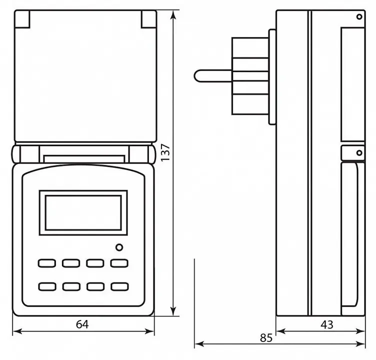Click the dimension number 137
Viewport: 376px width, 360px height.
click(165, 153)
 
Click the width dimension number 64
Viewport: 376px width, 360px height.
click(82, 324)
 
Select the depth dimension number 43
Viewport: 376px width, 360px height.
click(327, 324)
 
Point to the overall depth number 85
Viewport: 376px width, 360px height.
click(266, 338)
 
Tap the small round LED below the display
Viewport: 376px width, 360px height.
click(119, 247)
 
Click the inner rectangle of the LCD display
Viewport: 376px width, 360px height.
click(83, 212)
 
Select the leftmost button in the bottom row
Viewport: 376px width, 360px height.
click(47, 286)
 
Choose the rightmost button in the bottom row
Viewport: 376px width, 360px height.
click(119, 286)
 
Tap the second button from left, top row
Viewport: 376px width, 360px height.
click(71, 263)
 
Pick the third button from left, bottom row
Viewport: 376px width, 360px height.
click(95, 286)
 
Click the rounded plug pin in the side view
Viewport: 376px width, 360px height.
click(213, 76)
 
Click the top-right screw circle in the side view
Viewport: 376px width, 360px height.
click(359, 17)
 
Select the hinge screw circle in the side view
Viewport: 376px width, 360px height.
click(359, 153)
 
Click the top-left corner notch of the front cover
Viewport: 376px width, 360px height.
click(22, 19)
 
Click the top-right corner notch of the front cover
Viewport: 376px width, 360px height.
click(149, 19)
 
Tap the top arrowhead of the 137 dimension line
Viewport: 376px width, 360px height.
click(173, 14)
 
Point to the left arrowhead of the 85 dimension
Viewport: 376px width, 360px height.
click(199, 344)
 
